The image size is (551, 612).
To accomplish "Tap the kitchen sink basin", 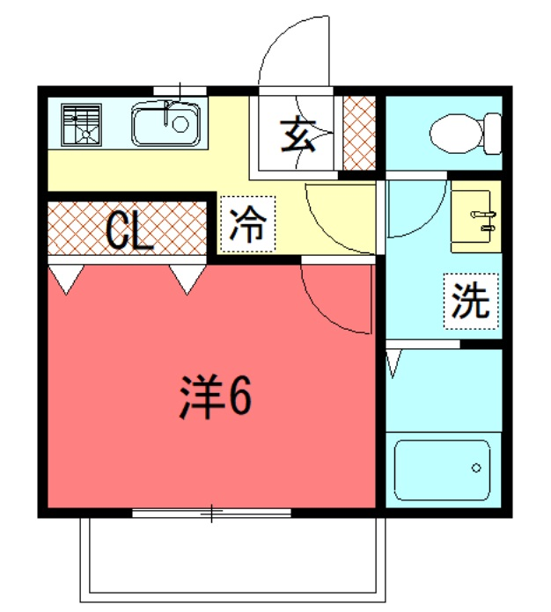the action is pos(165,124).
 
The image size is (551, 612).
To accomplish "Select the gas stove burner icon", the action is pos(81,125).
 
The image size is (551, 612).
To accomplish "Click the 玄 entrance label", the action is pos(298,135).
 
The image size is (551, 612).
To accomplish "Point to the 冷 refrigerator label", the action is pos(247,224).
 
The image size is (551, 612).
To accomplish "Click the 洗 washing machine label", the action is pos(471,301).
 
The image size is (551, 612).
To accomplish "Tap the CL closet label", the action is pos(129,231).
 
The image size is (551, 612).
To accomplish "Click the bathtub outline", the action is pos(442,470).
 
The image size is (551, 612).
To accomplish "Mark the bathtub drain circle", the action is pos(476,468).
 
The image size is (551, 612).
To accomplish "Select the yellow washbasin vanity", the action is pos(476,216).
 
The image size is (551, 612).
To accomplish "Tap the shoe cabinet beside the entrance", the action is pos(359,133).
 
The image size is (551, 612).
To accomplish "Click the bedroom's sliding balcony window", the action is pos(211,513).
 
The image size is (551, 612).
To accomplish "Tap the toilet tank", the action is pos(493,134).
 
